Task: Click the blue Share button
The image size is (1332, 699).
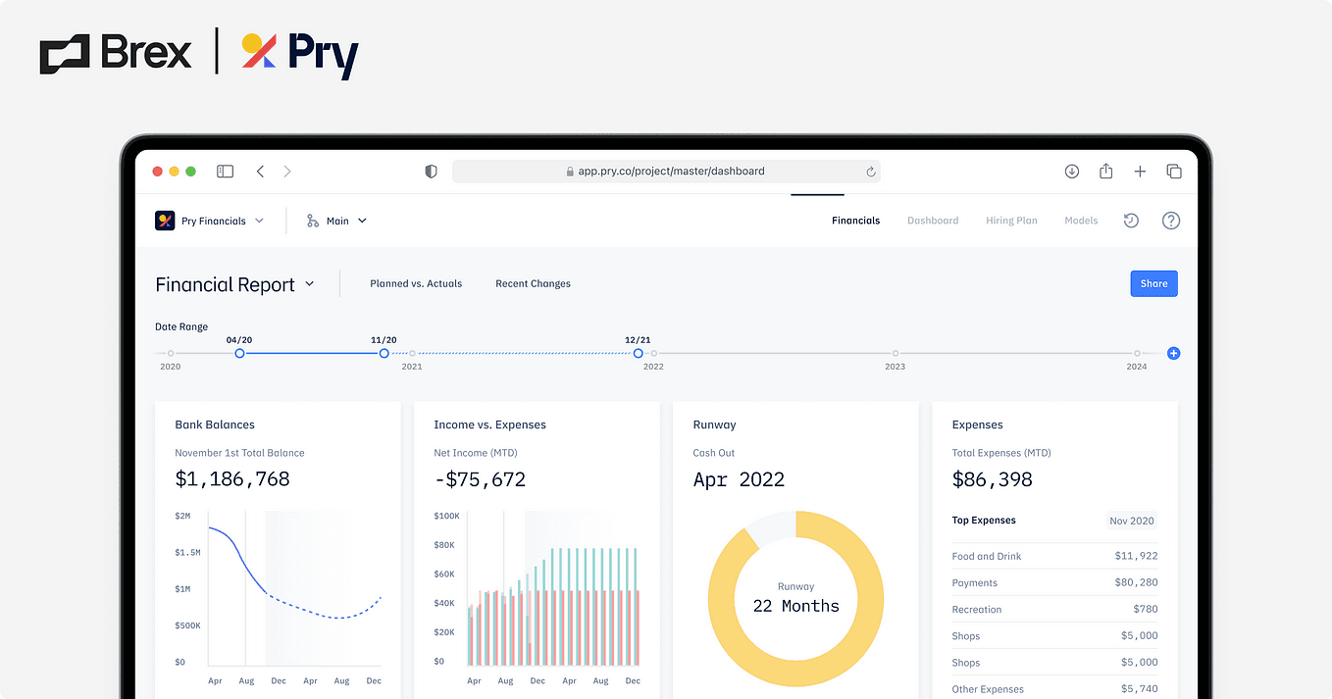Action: pos(1153,284)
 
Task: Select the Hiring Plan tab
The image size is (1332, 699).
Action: pos(1011,221)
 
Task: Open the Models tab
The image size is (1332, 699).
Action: pos(1081,221)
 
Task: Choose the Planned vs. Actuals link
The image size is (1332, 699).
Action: pos(416,284)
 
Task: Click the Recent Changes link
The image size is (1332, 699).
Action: pos(533,284)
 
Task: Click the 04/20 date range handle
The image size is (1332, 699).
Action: pos(239,353)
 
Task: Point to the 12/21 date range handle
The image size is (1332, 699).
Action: pos(639,353)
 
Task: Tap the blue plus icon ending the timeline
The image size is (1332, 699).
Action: pos(1173,353)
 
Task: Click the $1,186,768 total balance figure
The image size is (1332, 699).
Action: pos(232,479)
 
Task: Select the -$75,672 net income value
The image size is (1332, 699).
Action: pos(480,479)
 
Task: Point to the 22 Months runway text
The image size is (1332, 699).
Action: pos(795,606)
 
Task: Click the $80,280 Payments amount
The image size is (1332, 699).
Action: pos(1136,583)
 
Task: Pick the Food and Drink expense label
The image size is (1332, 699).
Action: pos(987,557)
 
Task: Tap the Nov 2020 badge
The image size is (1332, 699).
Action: pos(1131,521)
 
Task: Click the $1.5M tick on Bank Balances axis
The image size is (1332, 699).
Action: pos(187,553)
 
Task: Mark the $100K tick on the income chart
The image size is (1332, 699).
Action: pos(446,516)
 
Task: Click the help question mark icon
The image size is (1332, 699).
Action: pos(1170,221)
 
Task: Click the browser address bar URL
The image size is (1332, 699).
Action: pos(671,172)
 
